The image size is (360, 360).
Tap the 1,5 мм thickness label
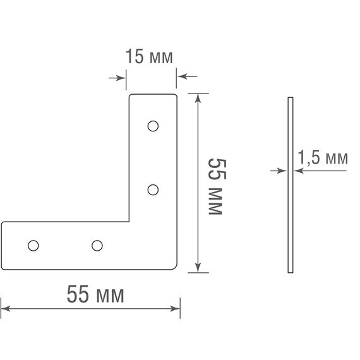click(322, 159)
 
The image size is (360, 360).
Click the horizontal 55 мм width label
click(95, 294)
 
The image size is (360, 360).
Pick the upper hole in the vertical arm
click(152, 126)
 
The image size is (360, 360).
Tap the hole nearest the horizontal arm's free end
click(33, 245)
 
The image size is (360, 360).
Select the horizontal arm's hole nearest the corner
click(97, 245)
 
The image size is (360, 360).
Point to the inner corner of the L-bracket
click(129, 222)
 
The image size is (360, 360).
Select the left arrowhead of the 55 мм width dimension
click(6, 309)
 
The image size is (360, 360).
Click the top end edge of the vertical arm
click(153, 95)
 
